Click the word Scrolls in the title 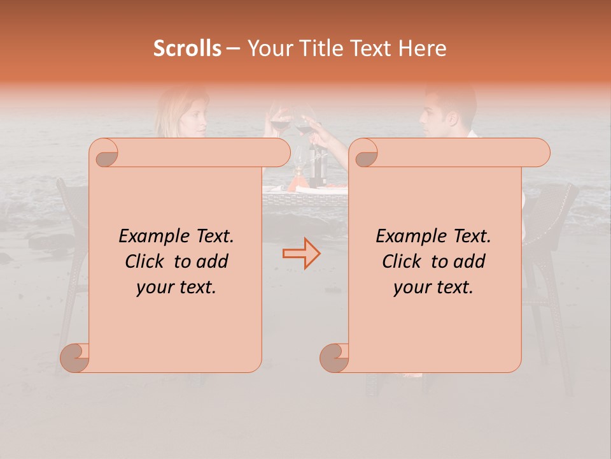[187, 48]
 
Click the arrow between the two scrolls [301, 253]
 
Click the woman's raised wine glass [279, 121]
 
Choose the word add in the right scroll [470, 261]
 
